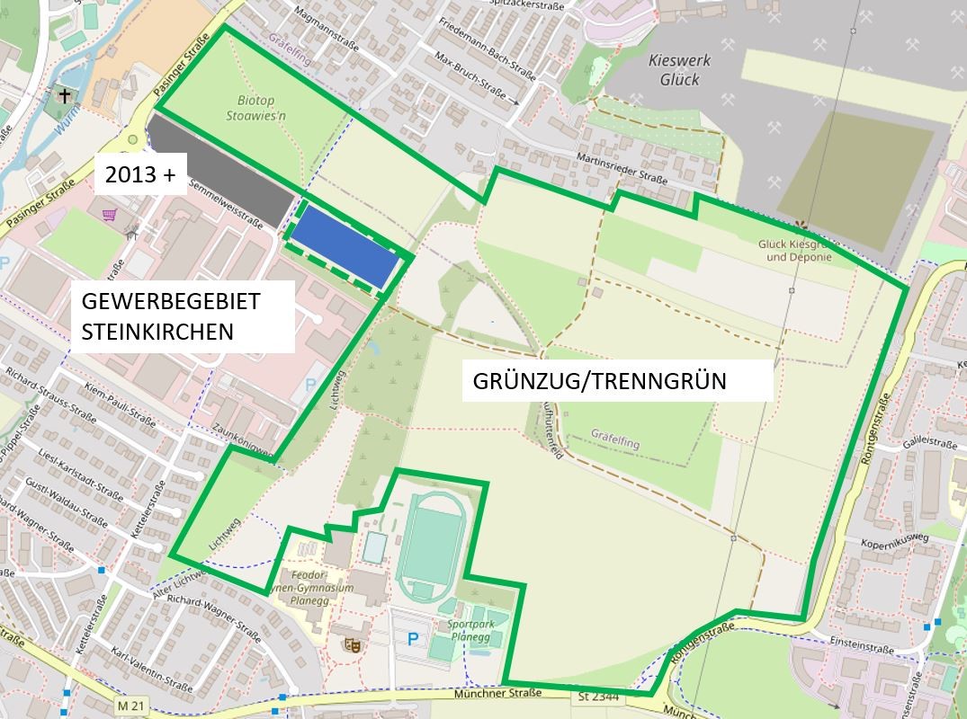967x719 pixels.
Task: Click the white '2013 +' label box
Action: click(139, 175)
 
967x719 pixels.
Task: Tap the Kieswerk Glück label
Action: click(679, 70)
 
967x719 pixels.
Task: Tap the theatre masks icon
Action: click(352, 644)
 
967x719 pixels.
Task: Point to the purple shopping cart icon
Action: click(111, 215)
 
